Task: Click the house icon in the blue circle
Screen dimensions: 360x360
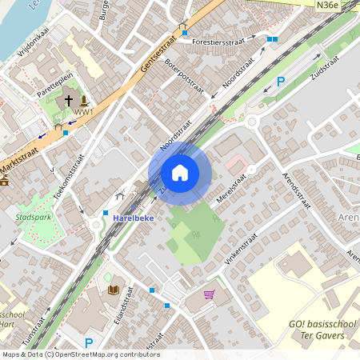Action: point(180,173)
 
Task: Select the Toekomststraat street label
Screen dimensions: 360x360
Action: point(68,181)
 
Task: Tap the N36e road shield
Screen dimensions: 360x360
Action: point(326,5)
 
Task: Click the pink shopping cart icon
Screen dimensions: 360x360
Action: point(210,294)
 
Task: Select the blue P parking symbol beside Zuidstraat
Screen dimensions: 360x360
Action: point(281,81)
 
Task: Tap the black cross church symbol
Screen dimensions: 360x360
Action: point(68,101)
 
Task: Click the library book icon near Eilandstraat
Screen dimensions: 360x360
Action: point(113,290)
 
